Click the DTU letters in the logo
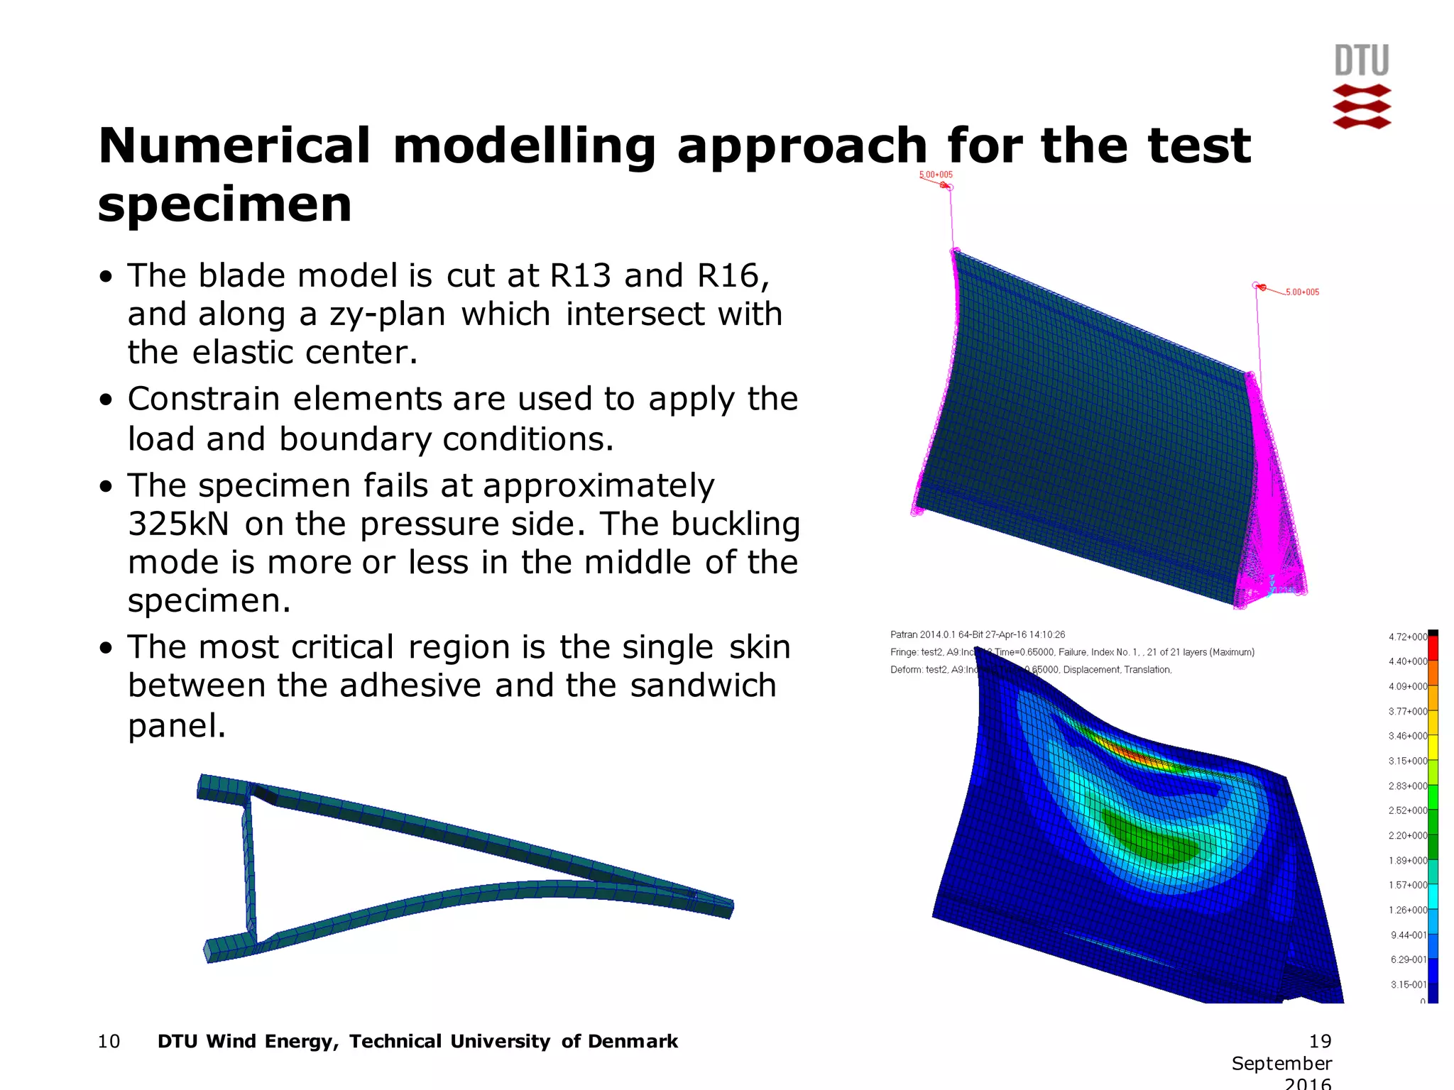click(1361, 61)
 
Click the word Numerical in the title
click(234, 145)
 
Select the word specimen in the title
click(224, 204)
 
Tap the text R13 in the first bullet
click(580, 275)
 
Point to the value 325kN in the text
click(178, 524)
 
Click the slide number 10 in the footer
click(109, 1041)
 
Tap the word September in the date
click(1281, 1063)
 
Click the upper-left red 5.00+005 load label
click(936, 175)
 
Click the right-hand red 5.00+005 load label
click(1301, 292)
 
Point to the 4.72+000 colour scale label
click(1407, 637)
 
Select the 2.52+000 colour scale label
click(1407, 810)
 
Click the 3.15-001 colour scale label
click(1408, 984)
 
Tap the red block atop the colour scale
click(1433, 648)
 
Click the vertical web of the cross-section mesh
click(249, 866)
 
